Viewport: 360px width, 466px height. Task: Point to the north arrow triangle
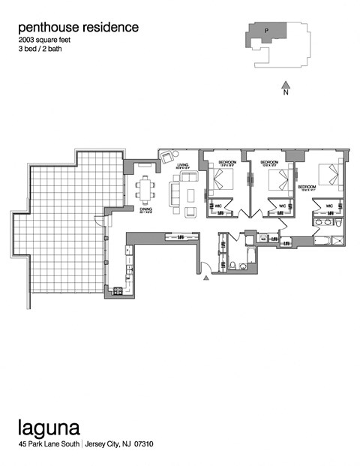click(285, 84)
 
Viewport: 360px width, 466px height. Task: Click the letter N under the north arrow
click(285, 95)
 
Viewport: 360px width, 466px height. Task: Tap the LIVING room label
click(182, 166)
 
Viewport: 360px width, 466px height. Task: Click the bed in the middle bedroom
click(277, 179)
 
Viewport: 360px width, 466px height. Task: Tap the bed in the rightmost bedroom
click(328, 174)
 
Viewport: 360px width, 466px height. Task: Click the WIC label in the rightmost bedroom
click(329, 205)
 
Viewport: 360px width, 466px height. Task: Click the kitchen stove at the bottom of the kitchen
click(118, 291)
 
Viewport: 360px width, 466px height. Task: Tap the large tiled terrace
click(67, 225)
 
